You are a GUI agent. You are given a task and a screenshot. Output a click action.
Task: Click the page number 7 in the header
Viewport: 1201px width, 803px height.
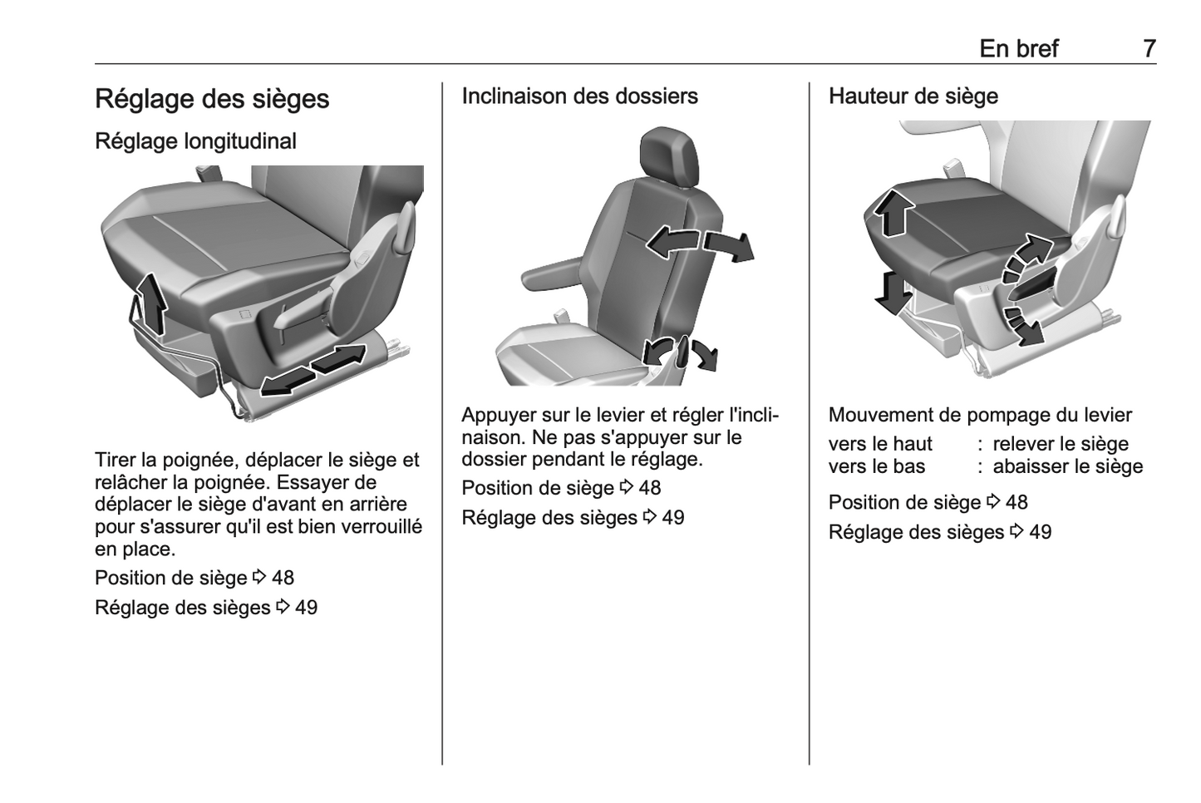point(1149,49)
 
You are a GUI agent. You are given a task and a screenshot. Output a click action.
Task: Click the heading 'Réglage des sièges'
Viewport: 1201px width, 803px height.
point(212,99)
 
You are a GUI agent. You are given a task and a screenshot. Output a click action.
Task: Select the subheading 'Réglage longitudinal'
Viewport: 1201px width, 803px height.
point(195,141)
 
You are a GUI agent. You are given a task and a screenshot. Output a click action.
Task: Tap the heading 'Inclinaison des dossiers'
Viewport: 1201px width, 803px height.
point(579,96)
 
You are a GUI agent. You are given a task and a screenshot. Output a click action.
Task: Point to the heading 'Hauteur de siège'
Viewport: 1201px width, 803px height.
point(913,96)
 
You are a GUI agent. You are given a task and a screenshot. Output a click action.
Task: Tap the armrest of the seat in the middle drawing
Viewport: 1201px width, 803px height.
point(552,272)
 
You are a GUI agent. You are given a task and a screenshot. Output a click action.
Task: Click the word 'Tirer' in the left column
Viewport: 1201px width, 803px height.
point(116,461)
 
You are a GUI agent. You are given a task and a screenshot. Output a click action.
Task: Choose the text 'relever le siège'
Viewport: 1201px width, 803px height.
point(1061,445)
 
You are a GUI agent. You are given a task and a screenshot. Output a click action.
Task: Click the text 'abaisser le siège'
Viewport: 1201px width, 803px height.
point(1068,466)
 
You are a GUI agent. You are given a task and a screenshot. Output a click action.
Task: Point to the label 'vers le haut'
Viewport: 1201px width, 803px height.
point(880,445)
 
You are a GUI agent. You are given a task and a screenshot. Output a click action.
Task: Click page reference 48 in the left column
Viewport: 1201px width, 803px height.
point(283,579)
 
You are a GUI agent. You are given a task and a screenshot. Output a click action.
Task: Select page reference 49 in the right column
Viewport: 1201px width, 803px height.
point(1040,533)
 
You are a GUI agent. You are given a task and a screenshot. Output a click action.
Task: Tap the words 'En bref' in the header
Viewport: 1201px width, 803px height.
point(1019,49)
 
